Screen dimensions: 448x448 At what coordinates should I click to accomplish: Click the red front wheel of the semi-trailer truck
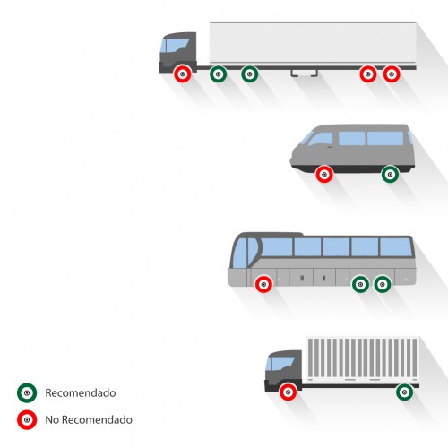(x=183, y=73)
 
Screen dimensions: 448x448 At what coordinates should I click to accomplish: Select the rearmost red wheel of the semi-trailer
(x=392, y=73)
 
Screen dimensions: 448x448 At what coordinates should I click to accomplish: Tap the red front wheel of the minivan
(x=324, y=174)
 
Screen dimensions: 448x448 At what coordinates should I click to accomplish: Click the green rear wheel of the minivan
(x=390, y=174)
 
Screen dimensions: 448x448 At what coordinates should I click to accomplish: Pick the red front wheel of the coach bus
(x=263, y=284)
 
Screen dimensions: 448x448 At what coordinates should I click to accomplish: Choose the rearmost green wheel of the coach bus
(x=383, y=284)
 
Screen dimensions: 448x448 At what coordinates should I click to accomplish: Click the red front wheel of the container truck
(x=289, y=392)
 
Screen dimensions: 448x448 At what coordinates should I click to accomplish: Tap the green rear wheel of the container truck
(x=405, y=392)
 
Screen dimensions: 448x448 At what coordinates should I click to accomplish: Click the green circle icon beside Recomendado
(x=27, y=392)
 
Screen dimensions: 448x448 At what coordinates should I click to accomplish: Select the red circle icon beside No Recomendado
(x=27, y=419)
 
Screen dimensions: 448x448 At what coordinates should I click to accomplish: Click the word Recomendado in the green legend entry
(x=81, y=392)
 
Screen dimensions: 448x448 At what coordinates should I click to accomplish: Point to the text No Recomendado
(x=89, y=419)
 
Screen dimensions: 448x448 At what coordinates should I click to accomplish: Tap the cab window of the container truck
(x=280, y=364)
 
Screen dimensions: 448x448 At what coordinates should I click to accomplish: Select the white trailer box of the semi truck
(x=313, y=44)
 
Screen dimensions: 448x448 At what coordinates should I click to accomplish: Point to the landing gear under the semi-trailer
(x=305, y=73)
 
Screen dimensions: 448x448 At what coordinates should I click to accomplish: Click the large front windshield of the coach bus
(x=240, y=253)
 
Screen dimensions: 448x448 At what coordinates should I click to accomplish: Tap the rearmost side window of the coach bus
(x=395, y=247)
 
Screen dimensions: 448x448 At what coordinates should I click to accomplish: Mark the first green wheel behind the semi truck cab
(x=219, y=73)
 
